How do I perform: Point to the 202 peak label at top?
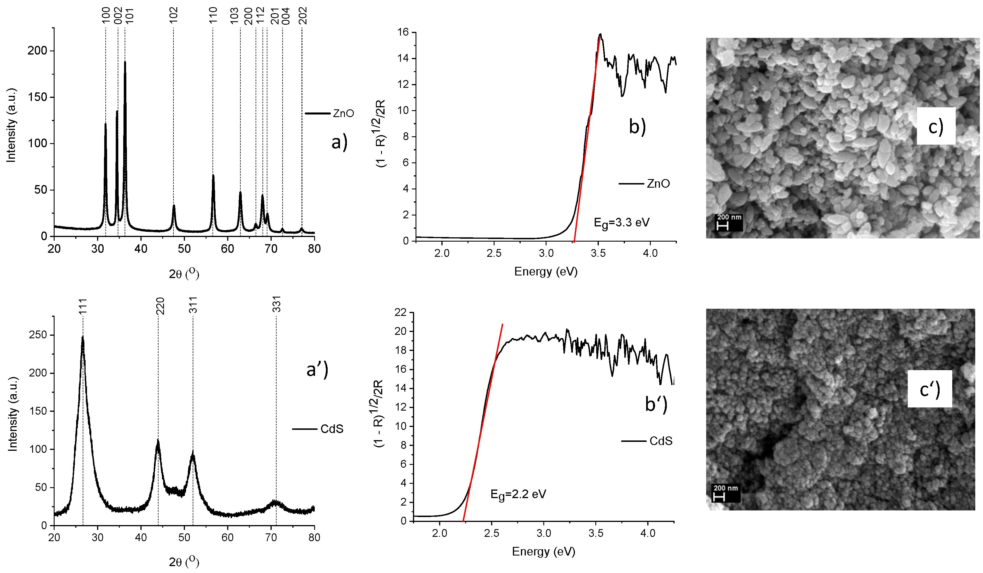pyautogui.click(x=303, y=15)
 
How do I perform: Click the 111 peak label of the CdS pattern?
pyautogui.click(x=83, y=306)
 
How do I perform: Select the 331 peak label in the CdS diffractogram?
pyautogui.click(x=277, y=304)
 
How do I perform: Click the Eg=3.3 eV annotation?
pyautogui.click(x=621, y=223)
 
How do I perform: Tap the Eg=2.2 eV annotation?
pyautogui.click(x=518, y=495)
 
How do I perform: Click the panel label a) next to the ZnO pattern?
pyautogui.click(x=339, y=142)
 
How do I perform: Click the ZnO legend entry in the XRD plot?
pyautogui.click(x=330, y=113)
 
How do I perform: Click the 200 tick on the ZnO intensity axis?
pyautogui.click(x=37, y=51)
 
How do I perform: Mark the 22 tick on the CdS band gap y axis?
pyautogui.click(x=401, y=312)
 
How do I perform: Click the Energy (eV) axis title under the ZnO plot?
pyautogui.click(x=545, y=271)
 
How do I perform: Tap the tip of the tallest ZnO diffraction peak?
pyautogui.click(x=125, y=62)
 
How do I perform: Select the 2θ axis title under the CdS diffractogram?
pyautogui.click(x=184, y=562)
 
